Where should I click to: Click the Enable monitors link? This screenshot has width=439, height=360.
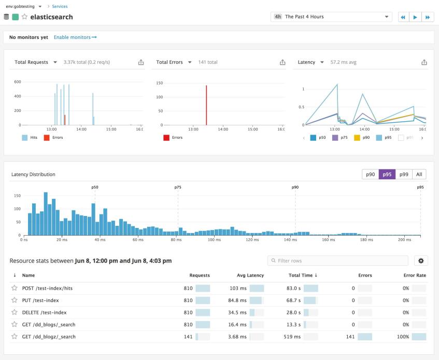[x=75, y=37]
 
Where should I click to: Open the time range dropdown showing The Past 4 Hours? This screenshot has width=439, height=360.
[x=331, y=17]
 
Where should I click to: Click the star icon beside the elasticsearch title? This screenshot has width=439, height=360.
[x=24, y=17]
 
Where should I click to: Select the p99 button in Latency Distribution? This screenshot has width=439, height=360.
[x=404, y=175]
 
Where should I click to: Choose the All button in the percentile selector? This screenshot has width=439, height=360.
[x=419, y=175]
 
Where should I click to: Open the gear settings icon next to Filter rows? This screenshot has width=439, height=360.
[x=420, y=261]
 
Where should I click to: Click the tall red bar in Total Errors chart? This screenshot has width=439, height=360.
[x=206, y=105]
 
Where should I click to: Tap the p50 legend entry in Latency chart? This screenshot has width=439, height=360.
[x=318, y=138]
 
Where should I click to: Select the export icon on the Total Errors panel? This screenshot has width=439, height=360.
[x=282, y=62]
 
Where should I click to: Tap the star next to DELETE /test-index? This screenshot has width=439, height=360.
[x=15, y=312]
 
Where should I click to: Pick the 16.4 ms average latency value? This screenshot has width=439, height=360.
[x=237, y=324]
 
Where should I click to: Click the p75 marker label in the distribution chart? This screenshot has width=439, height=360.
[x=178, y=187]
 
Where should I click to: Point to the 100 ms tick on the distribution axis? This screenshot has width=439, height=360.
[x=215, y=240]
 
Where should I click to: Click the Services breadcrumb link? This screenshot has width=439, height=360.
[x=59, y=6]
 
